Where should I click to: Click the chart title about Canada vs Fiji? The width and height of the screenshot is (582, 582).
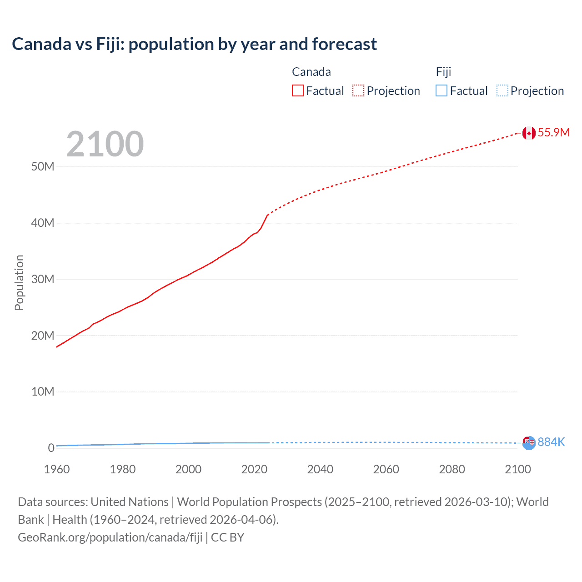point(194,44)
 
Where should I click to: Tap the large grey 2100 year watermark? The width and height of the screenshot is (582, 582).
point(105,144)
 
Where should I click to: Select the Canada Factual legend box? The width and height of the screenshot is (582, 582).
point(298,90)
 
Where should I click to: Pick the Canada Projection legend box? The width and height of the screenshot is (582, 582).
point(358,90)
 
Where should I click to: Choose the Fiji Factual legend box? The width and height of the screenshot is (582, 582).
point(442,90)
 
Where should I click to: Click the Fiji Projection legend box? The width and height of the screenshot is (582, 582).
point(502,90)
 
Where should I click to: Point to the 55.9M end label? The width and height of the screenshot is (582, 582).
point(553,132)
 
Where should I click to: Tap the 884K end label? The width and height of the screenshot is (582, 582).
point(551,442)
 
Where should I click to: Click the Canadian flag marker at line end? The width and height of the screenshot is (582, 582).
point(529,133)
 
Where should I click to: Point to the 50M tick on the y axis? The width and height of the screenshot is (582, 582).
point(43,166)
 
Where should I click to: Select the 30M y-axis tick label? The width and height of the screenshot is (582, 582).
point(43,279)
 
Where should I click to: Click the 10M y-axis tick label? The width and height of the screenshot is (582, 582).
point(43,391)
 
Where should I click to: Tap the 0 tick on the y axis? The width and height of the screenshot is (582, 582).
point(51,448)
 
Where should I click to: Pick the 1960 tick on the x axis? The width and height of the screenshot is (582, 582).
point(57,469)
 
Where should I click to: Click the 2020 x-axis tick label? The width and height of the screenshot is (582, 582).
point(254,469)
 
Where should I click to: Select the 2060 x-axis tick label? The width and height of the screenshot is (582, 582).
point(386,469)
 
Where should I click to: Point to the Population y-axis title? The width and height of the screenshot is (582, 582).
point(19,282)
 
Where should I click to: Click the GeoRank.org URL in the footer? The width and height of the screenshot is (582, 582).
point(110,537)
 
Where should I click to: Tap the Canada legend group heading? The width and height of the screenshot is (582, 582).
point(311,72)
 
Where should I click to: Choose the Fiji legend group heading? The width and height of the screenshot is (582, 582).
point(443,72)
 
